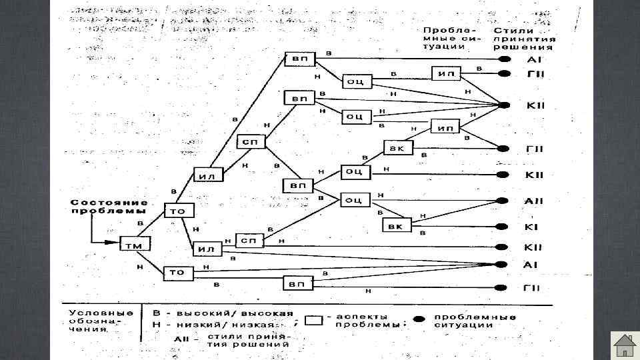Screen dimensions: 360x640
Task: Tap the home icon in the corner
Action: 625,345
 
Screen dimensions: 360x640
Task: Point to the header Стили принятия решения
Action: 523,39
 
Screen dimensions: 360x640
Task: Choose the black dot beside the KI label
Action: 503,227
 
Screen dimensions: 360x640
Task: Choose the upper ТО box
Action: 179,211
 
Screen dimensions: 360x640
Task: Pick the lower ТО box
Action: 178,272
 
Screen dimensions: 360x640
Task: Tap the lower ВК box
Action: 395,227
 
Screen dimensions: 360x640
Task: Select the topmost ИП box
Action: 446,73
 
